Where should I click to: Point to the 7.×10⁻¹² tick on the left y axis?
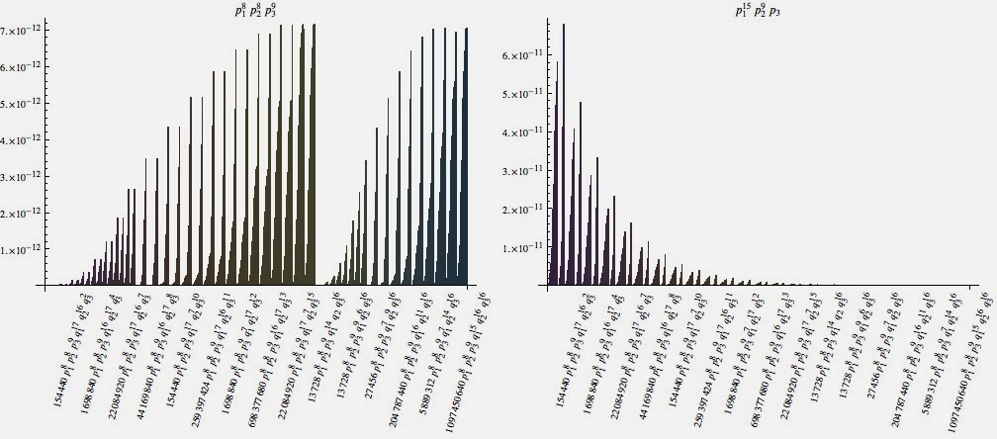(19, 31)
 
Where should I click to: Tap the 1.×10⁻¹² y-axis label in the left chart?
(19, 250)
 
